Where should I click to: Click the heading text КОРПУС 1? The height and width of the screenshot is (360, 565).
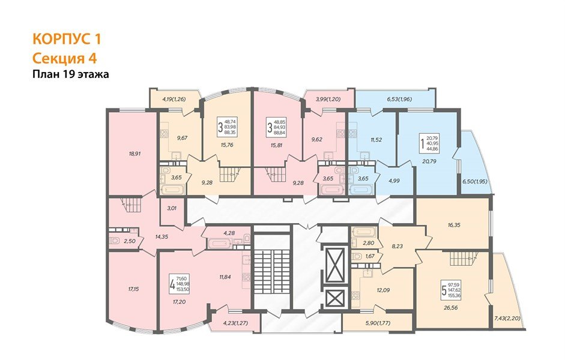(67, 40)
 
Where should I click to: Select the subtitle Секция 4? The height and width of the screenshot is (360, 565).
(64, 58)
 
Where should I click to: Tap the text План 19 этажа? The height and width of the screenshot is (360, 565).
(70, 74)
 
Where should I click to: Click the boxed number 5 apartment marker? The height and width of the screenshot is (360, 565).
(444, 291)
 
